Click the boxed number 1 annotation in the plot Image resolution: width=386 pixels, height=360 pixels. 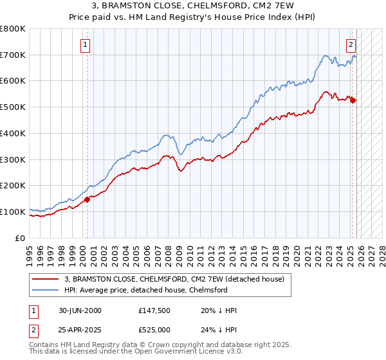(x=86, y=45)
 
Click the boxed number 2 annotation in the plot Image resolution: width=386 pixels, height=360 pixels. (x=351, y=45)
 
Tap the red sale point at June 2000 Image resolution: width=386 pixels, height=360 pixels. (x=87, y=199)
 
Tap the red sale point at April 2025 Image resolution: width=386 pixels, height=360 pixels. (x=353, y=100)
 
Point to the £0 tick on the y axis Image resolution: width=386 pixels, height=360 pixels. (x=21, y=238)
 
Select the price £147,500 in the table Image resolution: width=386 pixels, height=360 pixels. (x=154, y=310)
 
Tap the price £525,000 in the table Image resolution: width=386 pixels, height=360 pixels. (x=154, y=330)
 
